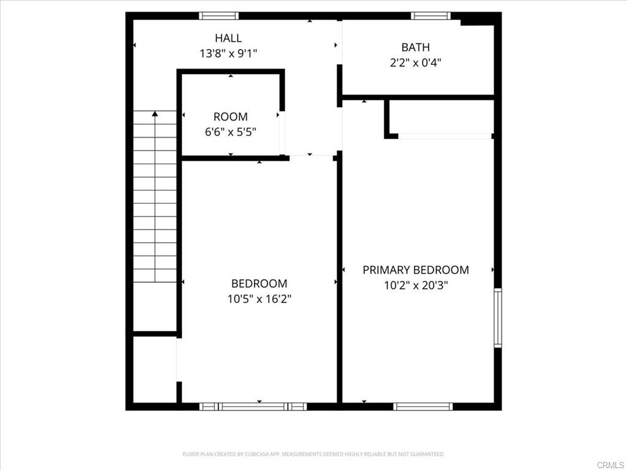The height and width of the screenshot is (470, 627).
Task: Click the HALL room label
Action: pos(228,38)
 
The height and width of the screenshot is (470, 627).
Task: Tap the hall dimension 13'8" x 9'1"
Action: pos(228,53)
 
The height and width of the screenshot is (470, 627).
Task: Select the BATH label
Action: pos(415,47)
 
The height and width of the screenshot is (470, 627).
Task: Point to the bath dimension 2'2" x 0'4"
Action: pos(415,62)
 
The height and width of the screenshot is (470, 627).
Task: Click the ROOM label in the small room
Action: pos(230,116)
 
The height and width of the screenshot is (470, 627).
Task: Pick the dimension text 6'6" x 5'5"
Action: pos(230,131)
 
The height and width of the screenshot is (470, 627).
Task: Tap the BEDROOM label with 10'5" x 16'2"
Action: pos(259,283)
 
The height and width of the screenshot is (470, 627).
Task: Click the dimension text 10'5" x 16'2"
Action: pos(259,299)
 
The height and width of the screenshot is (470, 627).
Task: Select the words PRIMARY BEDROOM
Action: pos(416,270)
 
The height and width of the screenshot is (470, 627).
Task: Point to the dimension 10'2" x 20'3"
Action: pos(416,285)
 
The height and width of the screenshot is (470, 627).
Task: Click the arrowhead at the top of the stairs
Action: pos(155,113)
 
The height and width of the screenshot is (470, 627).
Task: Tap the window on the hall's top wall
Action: pos(219,16)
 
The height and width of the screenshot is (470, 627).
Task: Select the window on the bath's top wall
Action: pos(430,16)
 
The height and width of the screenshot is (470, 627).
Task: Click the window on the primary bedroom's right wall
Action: pos(498,318)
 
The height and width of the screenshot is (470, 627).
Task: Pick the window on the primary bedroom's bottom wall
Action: pos(423,406)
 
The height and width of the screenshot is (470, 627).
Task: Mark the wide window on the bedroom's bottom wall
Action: pos(253,406)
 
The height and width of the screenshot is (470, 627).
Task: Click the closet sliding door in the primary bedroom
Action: pos(445,136)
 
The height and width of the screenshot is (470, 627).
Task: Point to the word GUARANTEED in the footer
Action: pos(427,454)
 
